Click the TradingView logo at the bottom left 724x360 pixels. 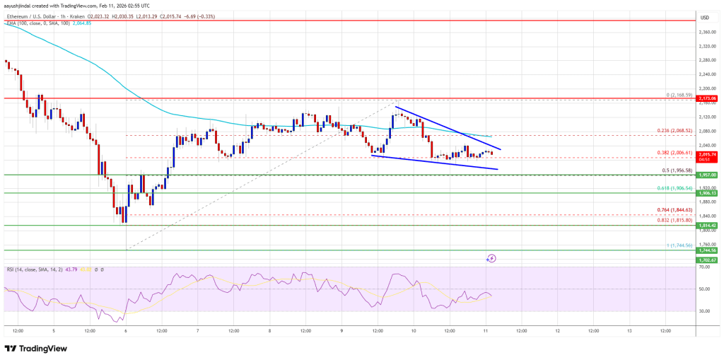click(x=37, y=348)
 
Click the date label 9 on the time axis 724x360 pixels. click(x=341, y=330)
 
